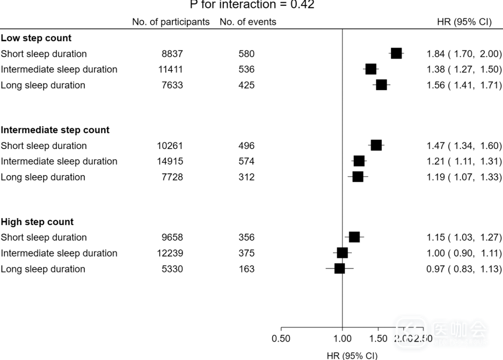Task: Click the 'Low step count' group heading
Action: coord(36,38)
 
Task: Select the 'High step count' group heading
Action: coord(37,222)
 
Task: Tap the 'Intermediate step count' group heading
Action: coord(55,130)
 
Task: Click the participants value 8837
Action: coord(172,54)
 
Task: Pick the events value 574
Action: coord(246,161)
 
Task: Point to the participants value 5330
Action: coord(172,269)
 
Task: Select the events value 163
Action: coord(246,269)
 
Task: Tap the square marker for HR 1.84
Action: coord(396,54)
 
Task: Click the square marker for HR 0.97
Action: coord(340,269)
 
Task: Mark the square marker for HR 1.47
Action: coord(376,145)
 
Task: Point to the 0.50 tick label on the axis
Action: coord(281,339)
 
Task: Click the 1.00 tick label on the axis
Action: coord(342,339)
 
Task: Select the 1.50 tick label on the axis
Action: coord(378,339)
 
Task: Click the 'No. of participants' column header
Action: coord(171,22)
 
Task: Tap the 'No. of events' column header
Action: coord(248,22)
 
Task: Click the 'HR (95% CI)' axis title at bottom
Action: coord(352,355)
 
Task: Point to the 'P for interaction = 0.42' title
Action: coord(252,5)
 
